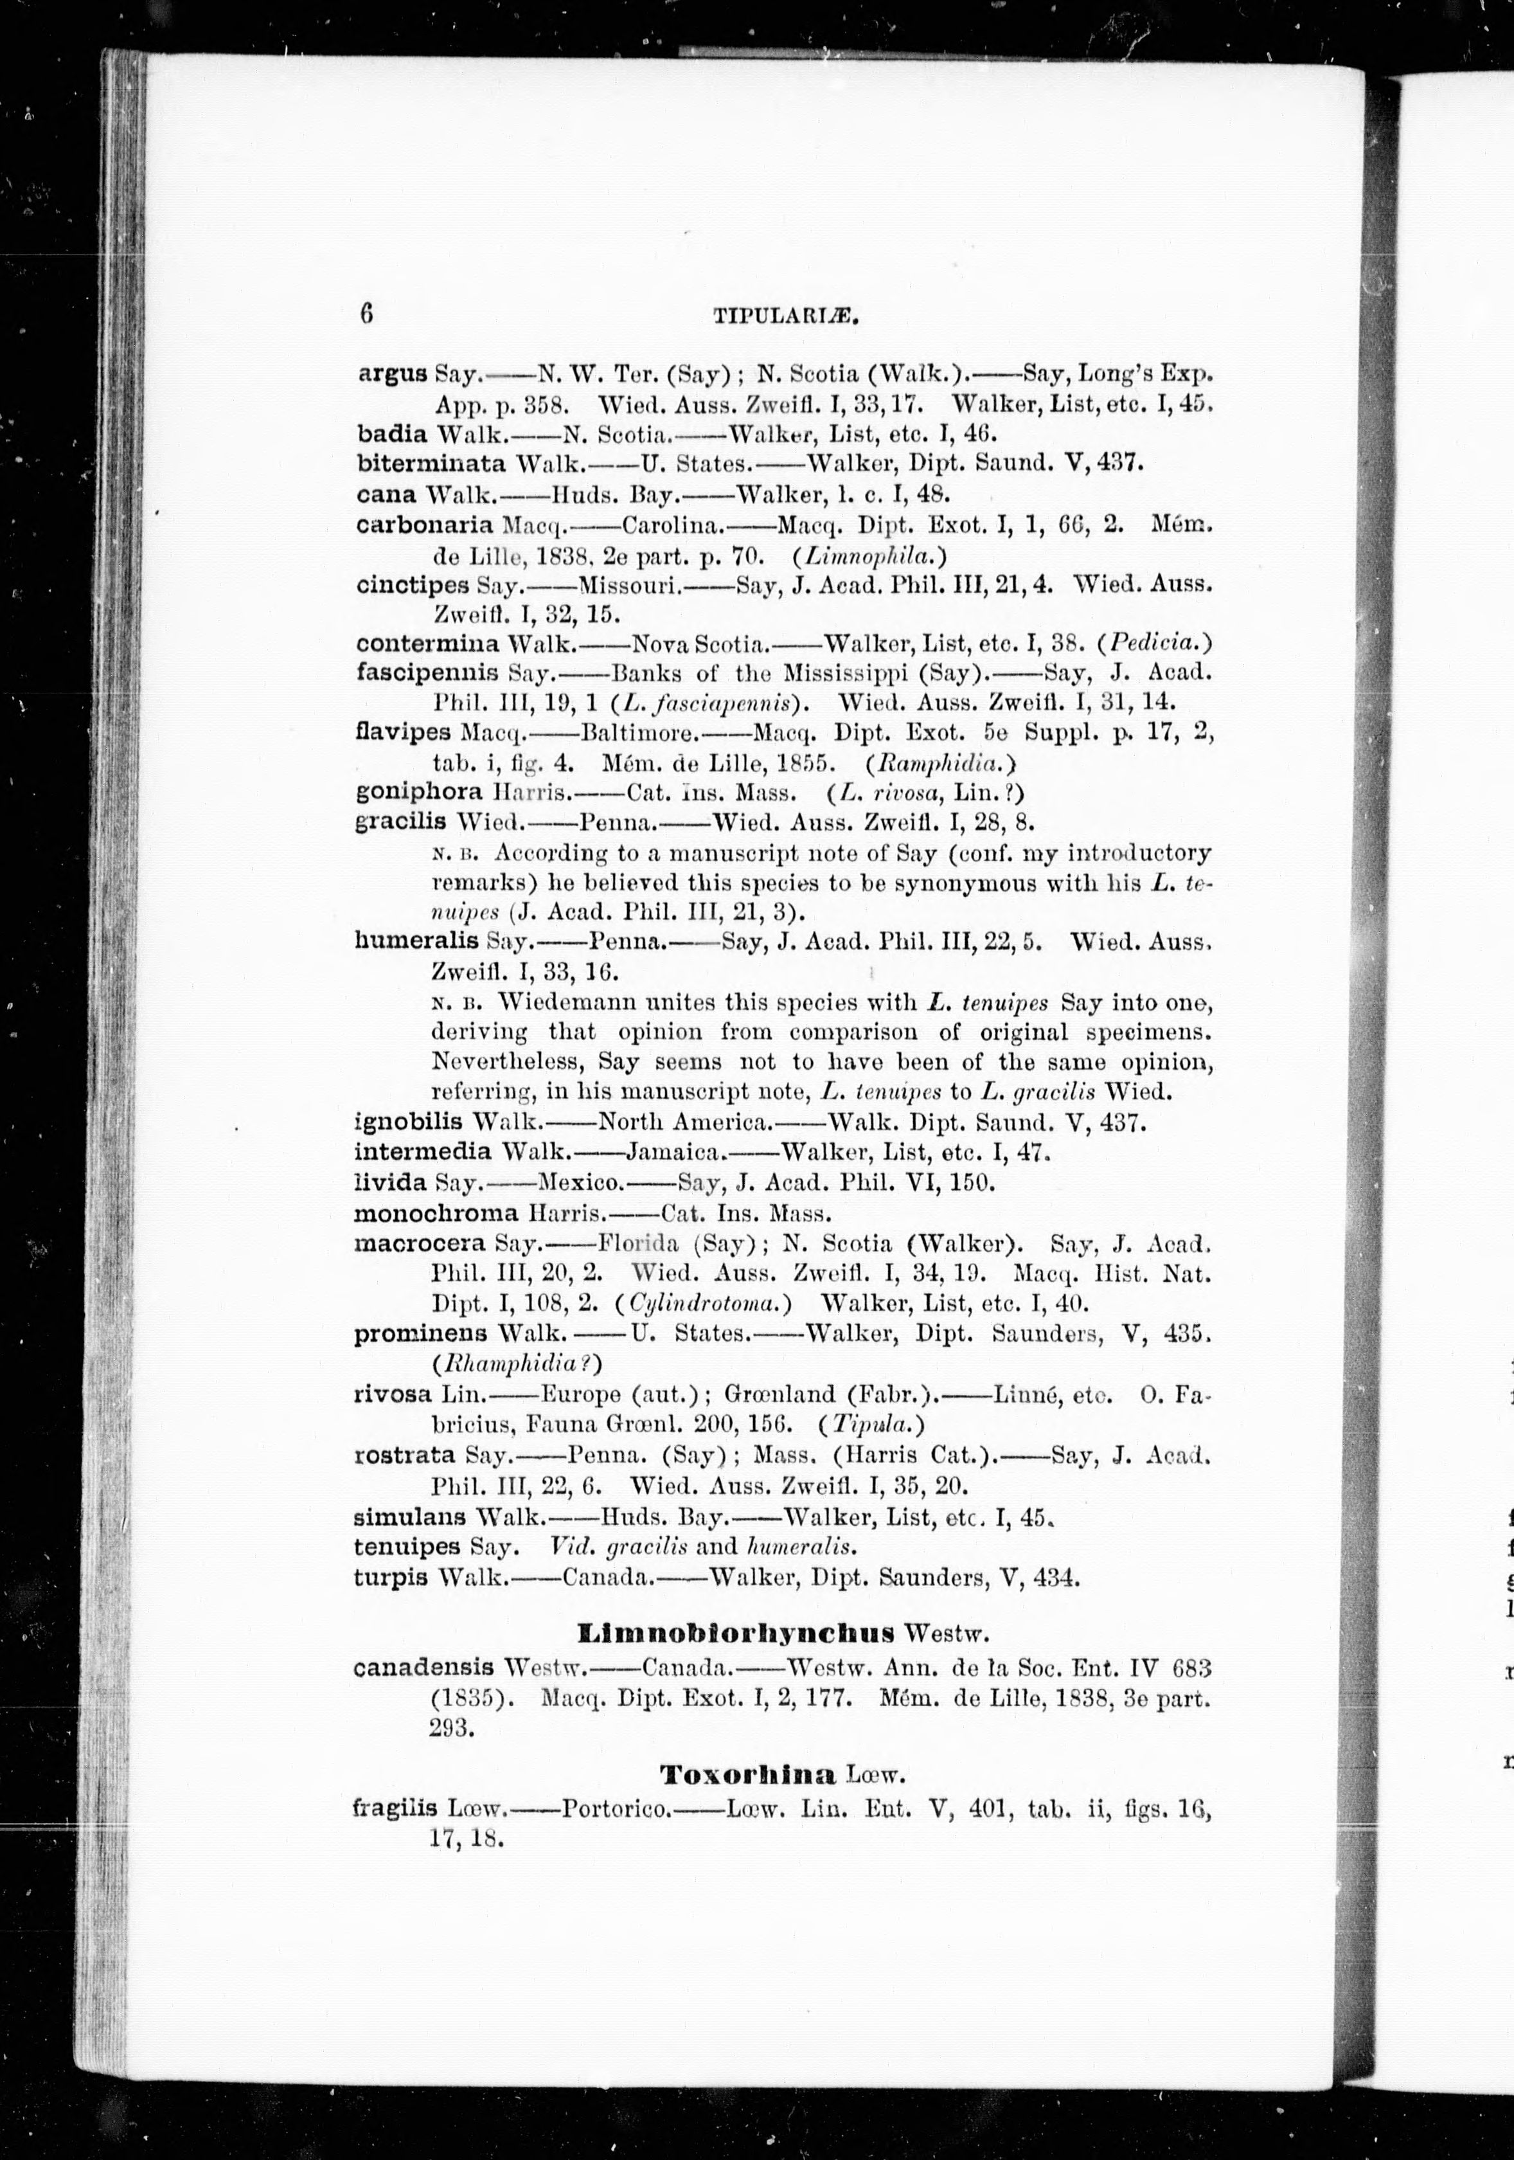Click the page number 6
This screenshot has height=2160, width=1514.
366,312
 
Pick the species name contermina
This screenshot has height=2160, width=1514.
428,643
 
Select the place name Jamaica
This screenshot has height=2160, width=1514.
673,1151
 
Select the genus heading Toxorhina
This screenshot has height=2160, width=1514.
747,1775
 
